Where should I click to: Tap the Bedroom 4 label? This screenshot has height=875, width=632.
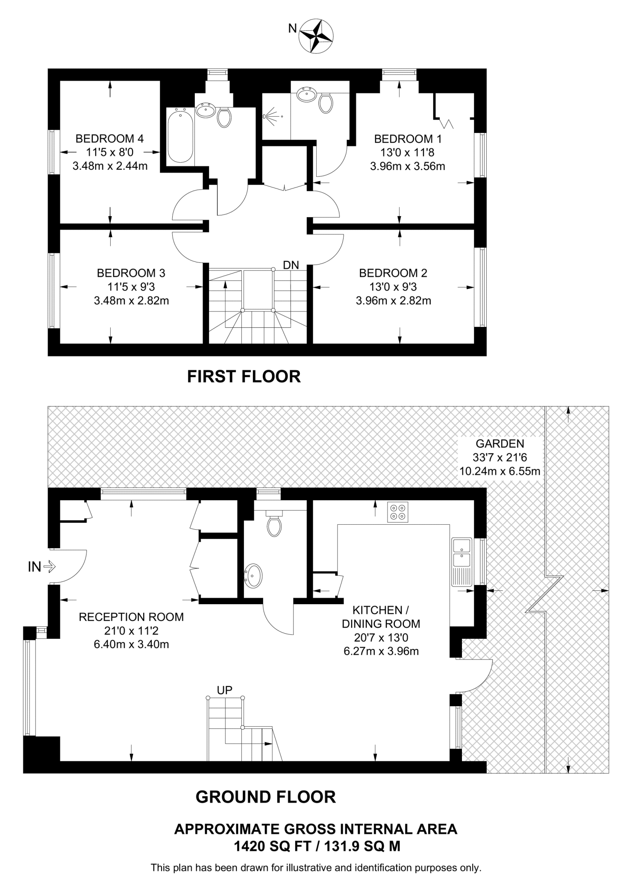(x=110, y=138)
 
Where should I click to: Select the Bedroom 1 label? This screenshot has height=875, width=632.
(x=408, y=139)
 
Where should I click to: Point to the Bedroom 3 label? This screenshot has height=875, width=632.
(x=131, y=273)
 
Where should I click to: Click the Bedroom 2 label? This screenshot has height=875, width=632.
(x=393, y=273)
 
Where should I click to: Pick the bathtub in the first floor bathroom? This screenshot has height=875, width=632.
(x=180, y=135)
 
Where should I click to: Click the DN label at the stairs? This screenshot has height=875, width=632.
(x=291, y=265)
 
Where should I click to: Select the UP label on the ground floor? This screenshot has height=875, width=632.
(x=225, y=690)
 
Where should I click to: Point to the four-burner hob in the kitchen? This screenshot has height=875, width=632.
(x=398, y=511)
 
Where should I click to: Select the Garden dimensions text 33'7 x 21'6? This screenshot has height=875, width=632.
(x=500, y=457)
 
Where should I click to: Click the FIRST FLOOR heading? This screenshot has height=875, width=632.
(x=244, y=376)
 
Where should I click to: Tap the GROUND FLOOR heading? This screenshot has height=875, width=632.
(x=266, y=797)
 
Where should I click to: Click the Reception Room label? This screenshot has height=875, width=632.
(x=131, y=617)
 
